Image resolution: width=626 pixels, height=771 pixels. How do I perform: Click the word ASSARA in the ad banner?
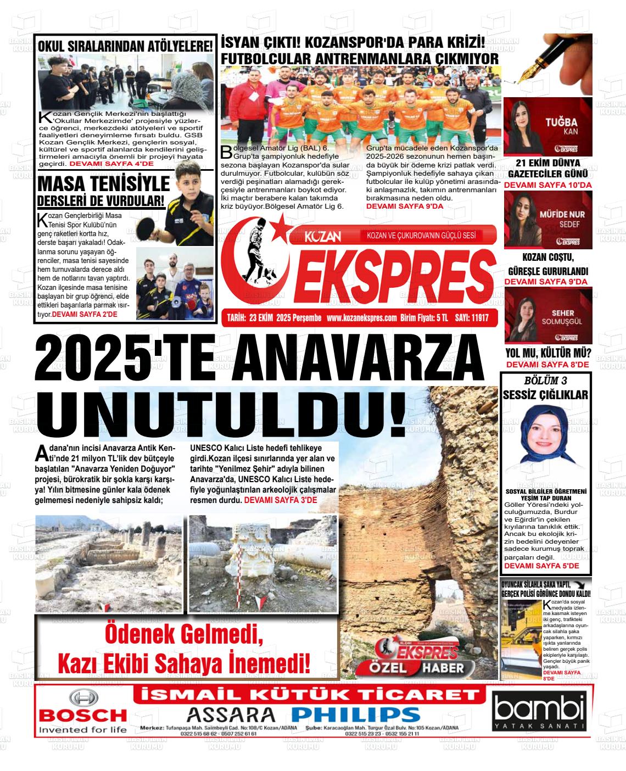231,714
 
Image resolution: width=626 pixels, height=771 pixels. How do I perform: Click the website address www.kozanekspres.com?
361,317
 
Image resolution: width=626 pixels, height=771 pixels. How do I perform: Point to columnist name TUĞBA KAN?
561,126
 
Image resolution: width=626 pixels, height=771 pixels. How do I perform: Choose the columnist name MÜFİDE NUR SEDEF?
562,219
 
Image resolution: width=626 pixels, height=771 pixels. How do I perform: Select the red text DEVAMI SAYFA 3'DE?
280,501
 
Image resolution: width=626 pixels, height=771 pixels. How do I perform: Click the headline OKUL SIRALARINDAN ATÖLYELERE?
125,46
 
